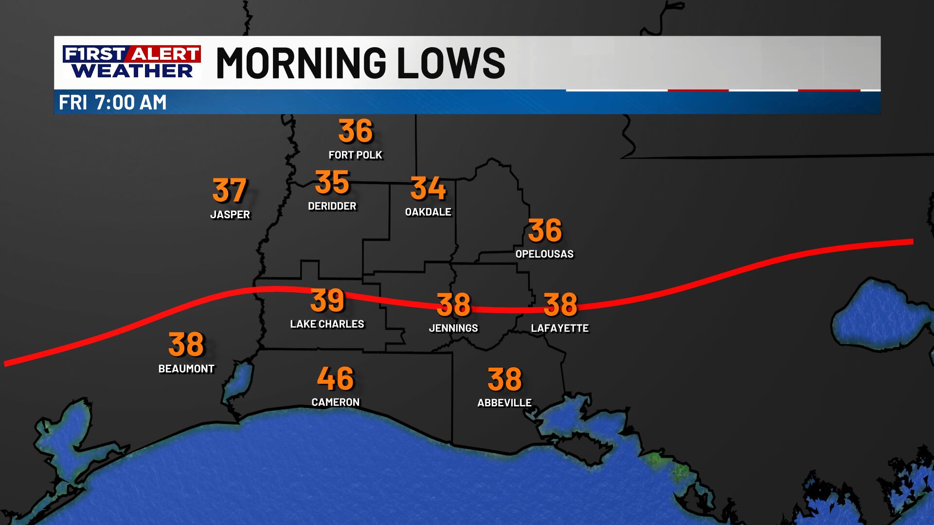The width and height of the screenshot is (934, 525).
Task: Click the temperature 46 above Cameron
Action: [x=335, y=379]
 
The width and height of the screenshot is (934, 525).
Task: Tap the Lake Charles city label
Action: [x=327, y=324]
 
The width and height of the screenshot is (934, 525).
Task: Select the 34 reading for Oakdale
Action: [x=428, y=188]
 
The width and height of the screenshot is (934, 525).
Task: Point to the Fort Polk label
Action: [x=356, y=155]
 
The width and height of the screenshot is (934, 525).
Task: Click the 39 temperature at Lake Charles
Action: [x=327, y=300]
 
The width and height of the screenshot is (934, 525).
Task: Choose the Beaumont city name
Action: [x=186, y=368]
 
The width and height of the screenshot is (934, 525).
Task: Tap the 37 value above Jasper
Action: [x=230, y=191]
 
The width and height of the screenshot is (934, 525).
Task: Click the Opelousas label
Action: [x=544, y=254]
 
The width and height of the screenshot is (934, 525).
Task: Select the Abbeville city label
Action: [x=504, y=402]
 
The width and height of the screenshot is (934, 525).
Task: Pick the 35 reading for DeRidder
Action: [x=332, y=182]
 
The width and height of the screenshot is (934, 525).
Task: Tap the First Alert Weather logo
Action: [x=131, y=62]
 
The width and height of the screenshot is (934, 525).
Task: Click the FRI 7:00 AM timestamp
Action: [x=113, y=103]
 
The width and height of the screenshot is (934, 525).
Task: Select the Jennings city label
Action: [x=453, y=328]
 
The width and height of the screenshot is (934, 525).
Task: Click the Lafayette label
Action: [x=560, y=328]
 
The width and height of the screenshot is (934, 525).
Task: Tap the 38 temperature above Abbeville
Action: [x=504, y=379]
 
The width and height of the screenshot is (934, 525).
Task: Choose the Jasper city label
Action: [x=230, y=214]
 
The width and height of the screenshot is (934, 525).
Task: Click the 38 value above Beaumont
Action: [x=186, y=344]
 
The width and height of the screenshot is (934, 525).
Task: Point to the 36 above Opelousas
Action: [x=545, y=230]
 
